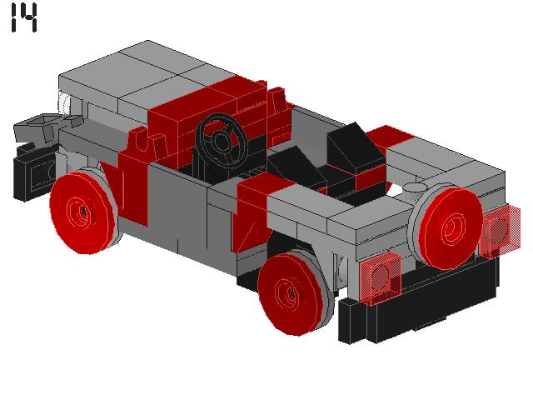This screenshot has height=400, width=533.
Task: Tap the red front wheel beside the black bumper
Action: click(x=81, y=210)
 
